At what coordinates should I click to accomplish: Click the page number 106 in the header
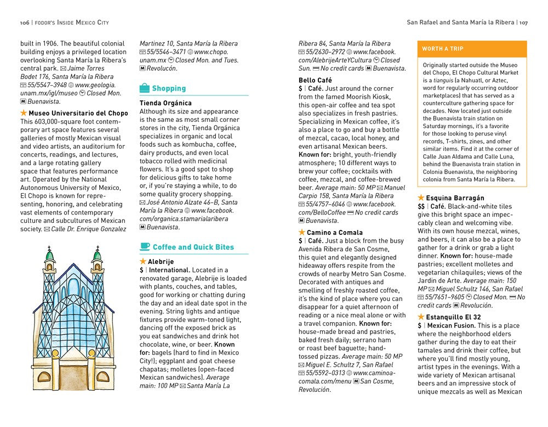[24, 23]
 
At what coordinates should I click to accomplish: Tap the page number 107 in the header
[523, 23]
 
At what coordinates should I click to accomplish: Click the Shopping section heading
[169, 88]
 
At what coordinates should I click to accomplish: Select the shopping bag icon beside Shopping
[145, 88]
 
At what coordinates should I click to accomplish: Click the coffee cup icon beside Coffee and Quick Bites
[145, 247]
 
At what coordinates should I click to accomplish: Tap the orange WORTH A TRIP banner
[472, 49]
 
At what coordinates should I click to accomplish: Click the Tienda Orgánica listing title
[165, 103]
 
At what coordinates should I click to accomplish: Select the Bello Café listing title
[315, 80]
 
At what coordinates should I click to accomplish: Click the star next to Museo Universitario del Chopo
[24, 113]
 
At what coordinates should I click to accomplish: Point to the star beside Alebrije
[143, 262]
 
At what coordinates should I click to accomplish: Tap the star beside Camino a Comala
[302, 233]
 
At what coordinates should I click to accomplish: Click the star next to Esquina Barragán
[421, 198]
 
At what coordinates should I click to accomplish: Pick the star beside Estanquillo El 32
[421, 317]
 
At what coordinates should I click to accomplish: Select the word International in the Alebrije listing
[170, 270]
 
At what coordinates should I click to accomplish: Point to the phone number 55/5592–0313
[328, 373]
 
